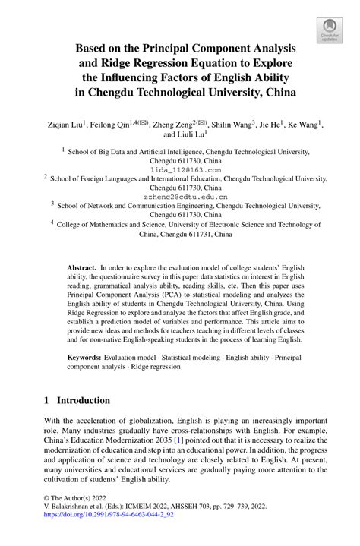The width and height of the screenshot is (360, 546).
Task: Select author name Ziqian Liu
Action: coord(64,122)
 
